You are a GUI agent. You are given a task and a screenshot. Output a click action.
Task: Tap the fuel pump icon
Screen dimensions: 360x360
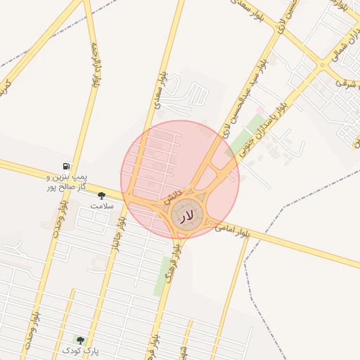(x=67, y=165)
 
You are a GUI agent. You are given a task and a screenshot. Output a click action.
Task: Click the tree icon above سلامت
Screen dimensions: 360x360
(x=101, y=195)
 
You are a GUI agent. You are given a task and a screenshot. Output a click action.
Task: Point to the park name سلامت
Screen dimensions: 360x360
(x=101, y=206)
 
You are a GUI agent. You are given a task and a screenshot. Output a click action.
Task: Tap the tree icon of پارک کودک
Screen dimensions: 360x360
(x=79, y=339)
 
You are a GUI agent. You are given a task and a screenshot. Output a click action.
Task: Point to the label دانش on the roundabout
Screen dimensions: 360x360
(x=173, y=196)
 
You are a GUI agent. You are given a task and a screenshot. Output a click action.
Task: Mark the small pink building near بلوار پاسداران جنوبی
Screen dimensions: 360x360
(x=259, y=111)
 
